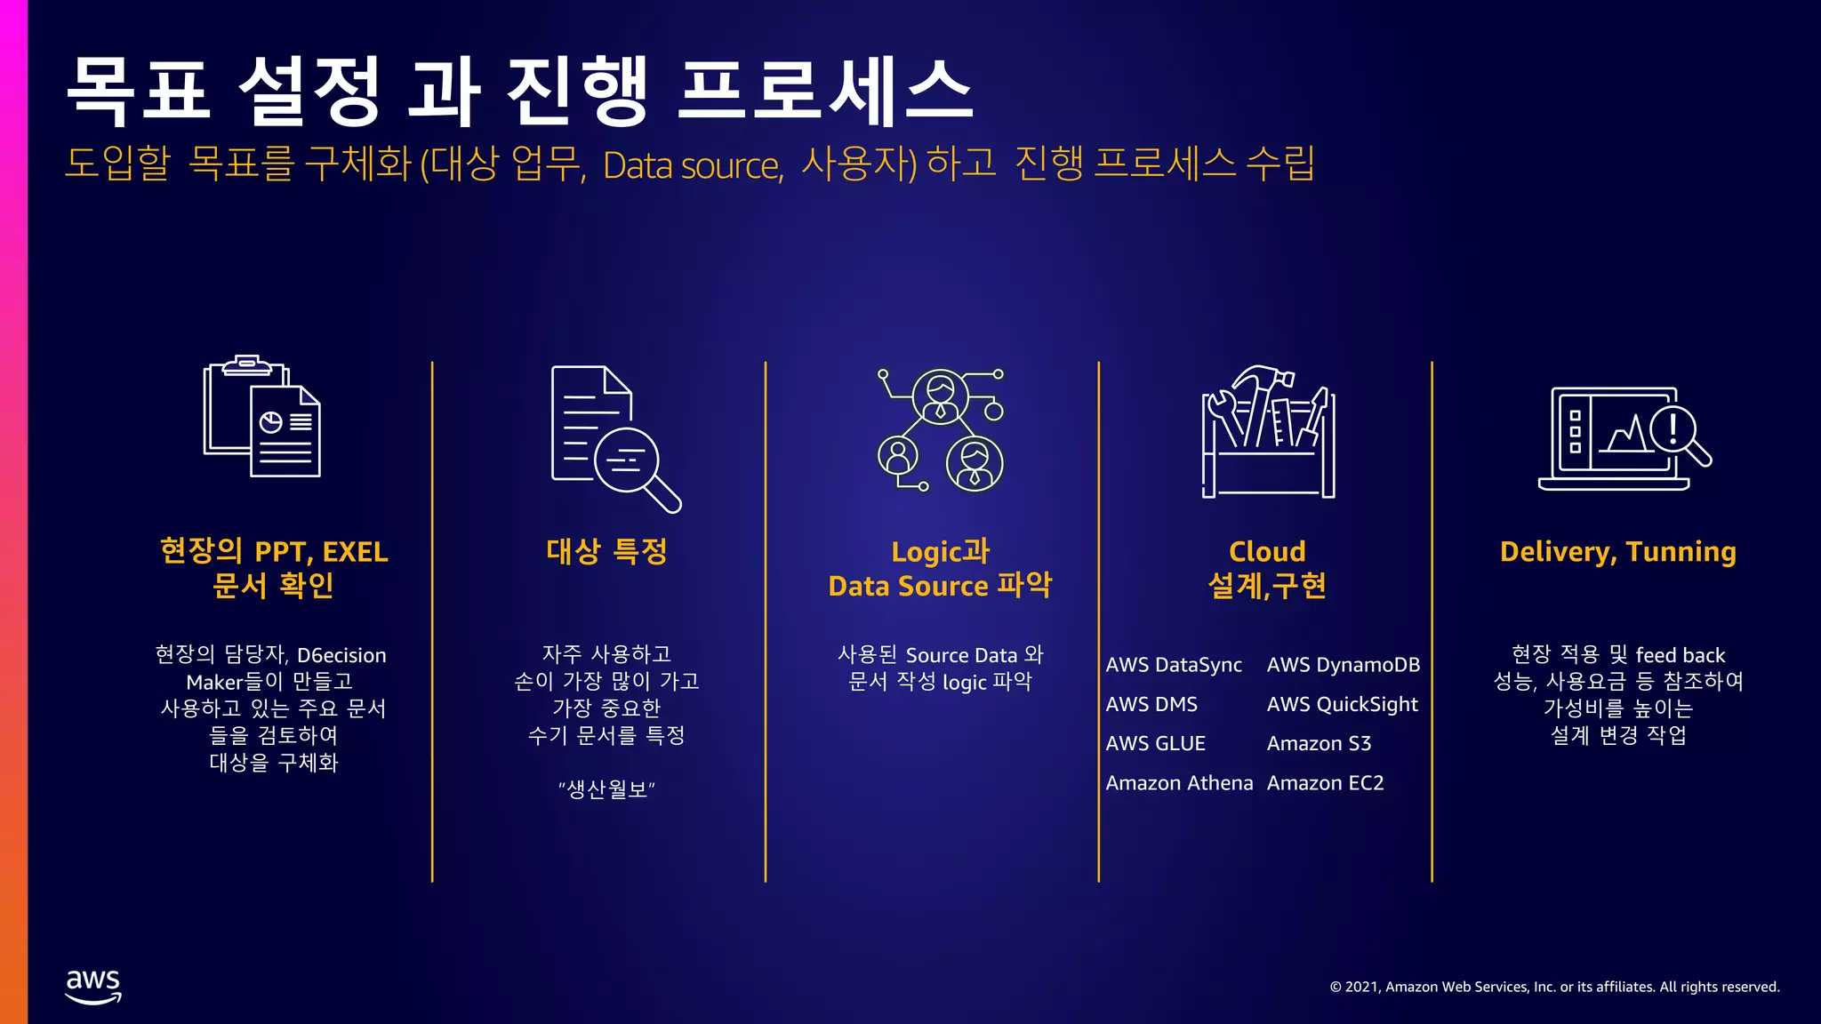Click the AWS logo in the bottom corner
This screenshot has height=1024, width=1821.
click(x=93, y=986)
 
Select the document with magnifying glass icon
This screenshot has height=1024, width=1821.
click(x=614, y=438)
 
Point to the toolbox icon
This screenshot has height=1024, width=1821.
click(x=1268, y=432)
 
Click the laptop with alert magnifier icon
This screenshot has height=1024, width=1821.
click(x=1624, y=438)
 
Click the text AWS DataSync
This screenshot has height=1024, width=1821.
click(x=1173, y=665)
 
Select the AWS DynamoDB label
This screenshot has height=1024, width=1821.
click(x=1343, y=665)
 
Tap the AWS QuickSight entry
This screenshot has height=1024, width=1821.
click(x=1342, y=704)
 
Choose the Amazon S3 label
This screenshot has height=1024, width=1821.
click(x=1319, y=743)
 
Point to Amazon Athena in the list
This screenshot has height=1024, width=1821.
click(x=1179, y=783)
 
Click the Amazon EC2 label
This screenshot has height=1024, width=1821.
click(x=1325, y=783)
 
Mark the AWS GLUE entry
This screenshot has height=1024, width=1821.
click(x=1155, y=743)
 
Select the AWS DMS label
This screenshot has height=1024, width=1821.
click(x=1151, y=704)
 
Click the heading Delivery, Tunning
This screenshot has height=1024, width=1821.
click(x=1617, y=552)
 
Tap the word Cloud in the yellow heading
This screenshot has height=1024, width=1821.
click(x=1267, y=552)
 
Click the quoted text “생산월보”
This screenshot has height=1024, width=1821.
click(x=606, y=789)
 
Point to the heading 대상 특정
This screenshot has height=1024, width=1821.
click(x=606, y=552)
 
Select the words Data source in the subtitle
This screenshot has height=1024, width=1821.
click(x=693, y=166)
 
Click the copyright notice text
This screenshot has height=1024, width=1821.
click(x=1554, y=987)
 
